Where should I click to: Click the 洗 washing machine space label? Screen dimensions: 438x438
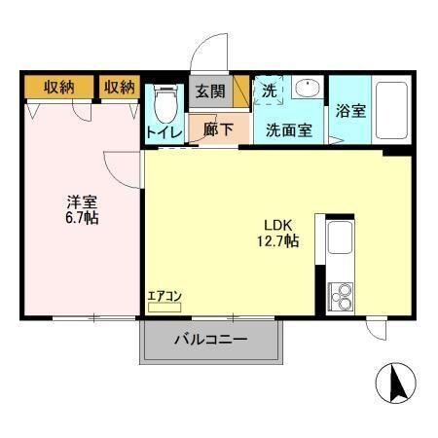coord(269,90)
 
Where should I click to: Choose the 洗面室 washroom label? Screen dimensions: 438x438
coord(289,129)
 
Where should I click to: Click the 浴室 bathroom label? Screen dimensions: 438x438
coord(350,110)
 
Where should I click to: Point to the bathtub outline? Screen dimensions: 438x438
coord(392,109)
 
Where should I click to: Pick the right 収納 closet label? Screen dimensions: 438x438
coord(119,88)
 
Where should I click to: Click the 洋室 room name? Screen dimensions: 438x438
coord(81,202)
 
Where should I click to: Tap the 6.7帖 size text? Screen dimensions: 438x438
coord(81,219)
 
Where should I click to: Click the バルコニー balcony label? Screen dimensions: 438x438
coord(211,341)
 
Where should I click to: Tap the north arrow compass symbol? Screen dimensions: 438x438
coord(397,383)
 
